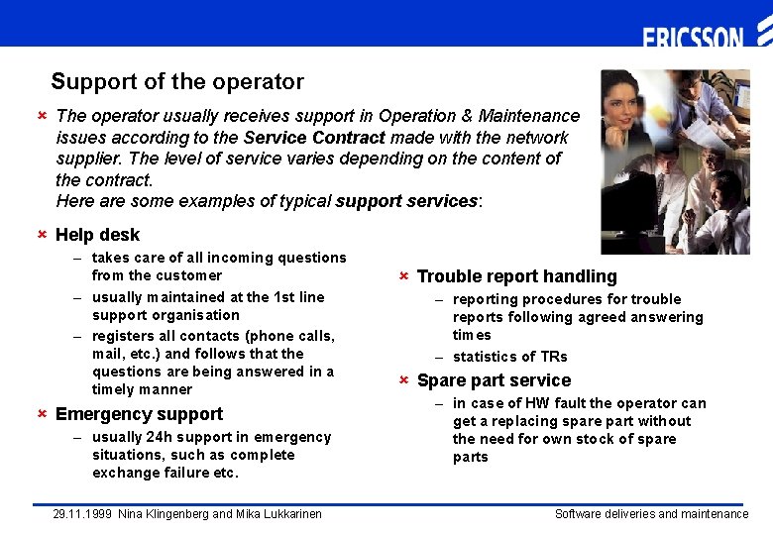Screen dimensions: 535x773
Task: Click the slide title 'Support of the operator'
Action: click(x=177, y=82)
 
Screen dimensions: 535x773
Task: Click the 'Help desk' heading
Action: click(x=97, y=235)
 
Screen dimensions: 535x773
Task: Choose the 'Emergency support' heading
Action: click(x=139, y=414)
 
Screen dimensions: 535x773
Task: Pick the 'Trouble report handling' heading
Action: click(x=516, y=276)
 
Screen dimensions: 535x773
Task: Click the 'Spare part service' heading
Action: click(x=494, y=380)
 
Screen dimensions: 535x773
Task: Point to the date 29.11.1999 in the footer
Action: click(x=81, y=514)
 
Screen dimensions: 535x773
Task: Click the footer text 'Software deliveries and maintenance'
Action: click(x=651, y=514)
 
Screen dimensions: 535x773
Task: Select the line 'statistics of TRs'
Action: click(x=509, y=357)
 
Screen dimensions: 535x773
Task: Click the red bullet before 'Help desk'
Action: click(x=42, y=235)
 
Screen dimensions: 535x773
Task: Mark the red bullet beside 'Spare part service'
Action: click(x=403, y=380)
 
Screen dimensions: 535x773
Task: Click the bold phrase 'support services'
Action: click(x=406, y=201)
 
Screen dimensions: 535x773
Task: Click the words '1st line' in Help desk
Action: click(x=298, y=297)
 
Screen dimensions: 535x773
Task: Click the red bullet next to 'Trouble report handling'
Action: click(x=403, y=276)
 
